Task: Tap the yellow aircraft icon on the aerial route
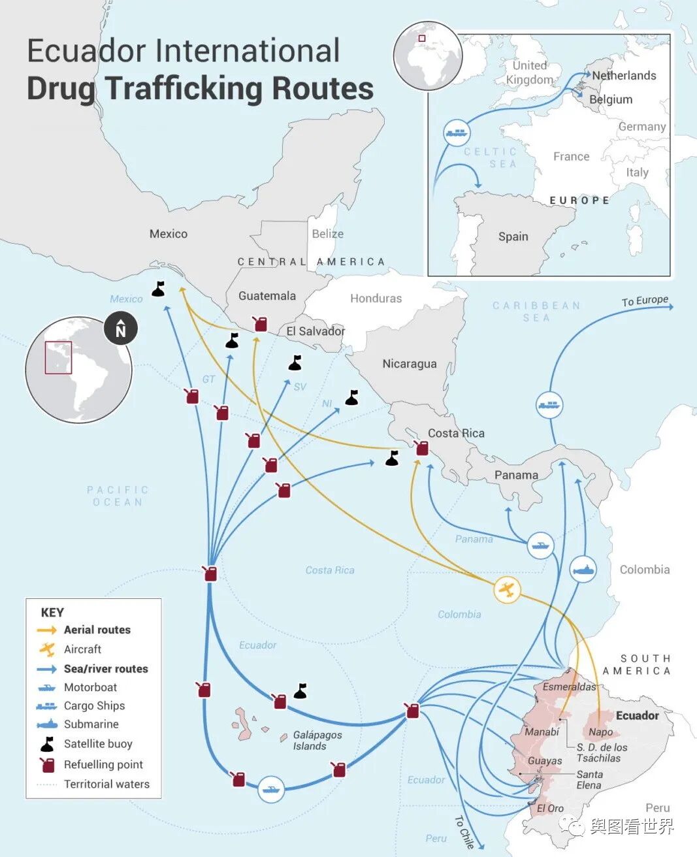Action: (x=507, y=590)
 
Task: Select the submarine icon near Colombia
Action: (x=583, y=570)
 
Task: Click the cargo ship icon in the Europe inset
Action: (x=457, y=133)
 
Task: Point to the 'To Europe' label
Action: (x=645, y=300)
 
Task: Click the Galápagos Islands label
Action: (x=317, y=740)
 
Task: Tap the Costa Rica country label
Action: (x=456, y=433)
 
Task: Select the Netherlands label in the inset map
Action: (x=624, y=75)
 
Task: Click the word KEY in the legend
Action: (x=52, y=612)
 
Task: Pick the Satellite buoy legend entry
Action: (x=98, y=743)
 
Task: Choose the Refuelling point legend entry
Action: (x=103, y=764)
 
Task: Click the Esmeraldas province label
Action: (x=569, y=687)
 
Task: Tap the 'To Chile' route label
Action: (x=464, y=831)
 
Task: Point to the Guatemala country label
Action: (x=267, y=296)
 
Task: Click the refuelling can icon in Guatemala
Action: (x=260, y=323)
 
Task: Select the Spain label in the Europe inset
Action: (x=513, y=236)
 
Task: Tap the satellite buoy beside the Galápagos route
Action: (x=300, y=690)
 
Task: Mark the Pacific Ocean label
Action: (x=118, y=496)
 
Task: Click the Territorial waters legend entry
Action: (x=106, y=784)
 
